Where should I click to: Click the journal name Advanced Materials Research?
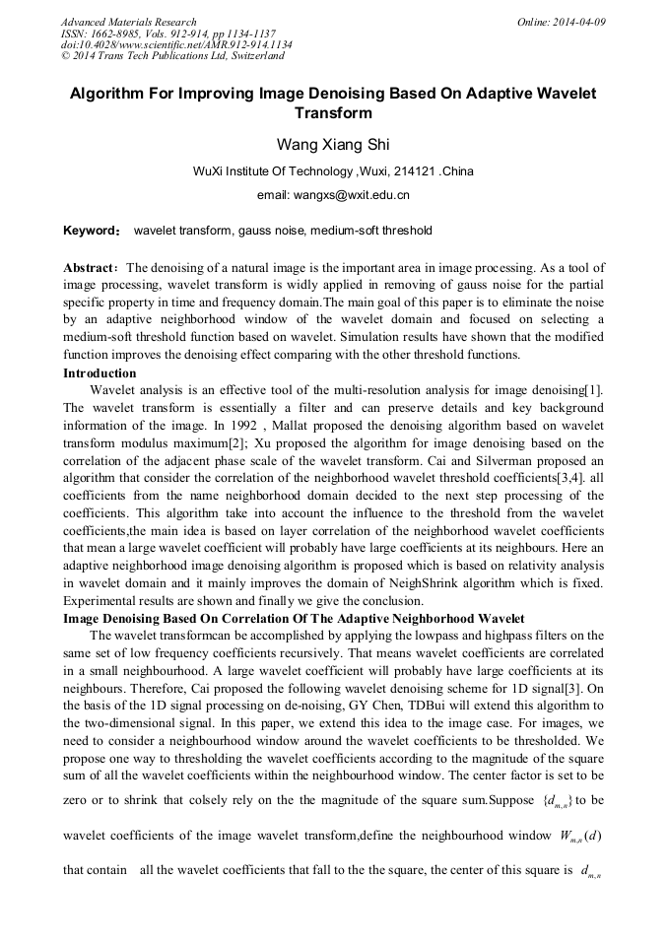pyautogui.click(x=128, y=22)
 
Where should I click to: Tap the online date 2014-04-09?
pyautogui.click(x=578, y=22)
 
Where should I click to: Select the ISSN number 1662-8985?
pyautogui.click(x=116, y=34)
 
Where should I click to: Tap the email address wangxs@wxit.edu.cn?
pyautogui.click(x=333, y=195)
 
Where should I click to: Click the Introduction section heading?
pyautogui.click(x=100, y=373)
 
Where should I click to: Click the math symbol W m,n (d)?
pyautogui.click(x=580, y=836)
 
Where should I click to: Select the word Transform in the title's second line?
pyautogui.click(x=333, y=113)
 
